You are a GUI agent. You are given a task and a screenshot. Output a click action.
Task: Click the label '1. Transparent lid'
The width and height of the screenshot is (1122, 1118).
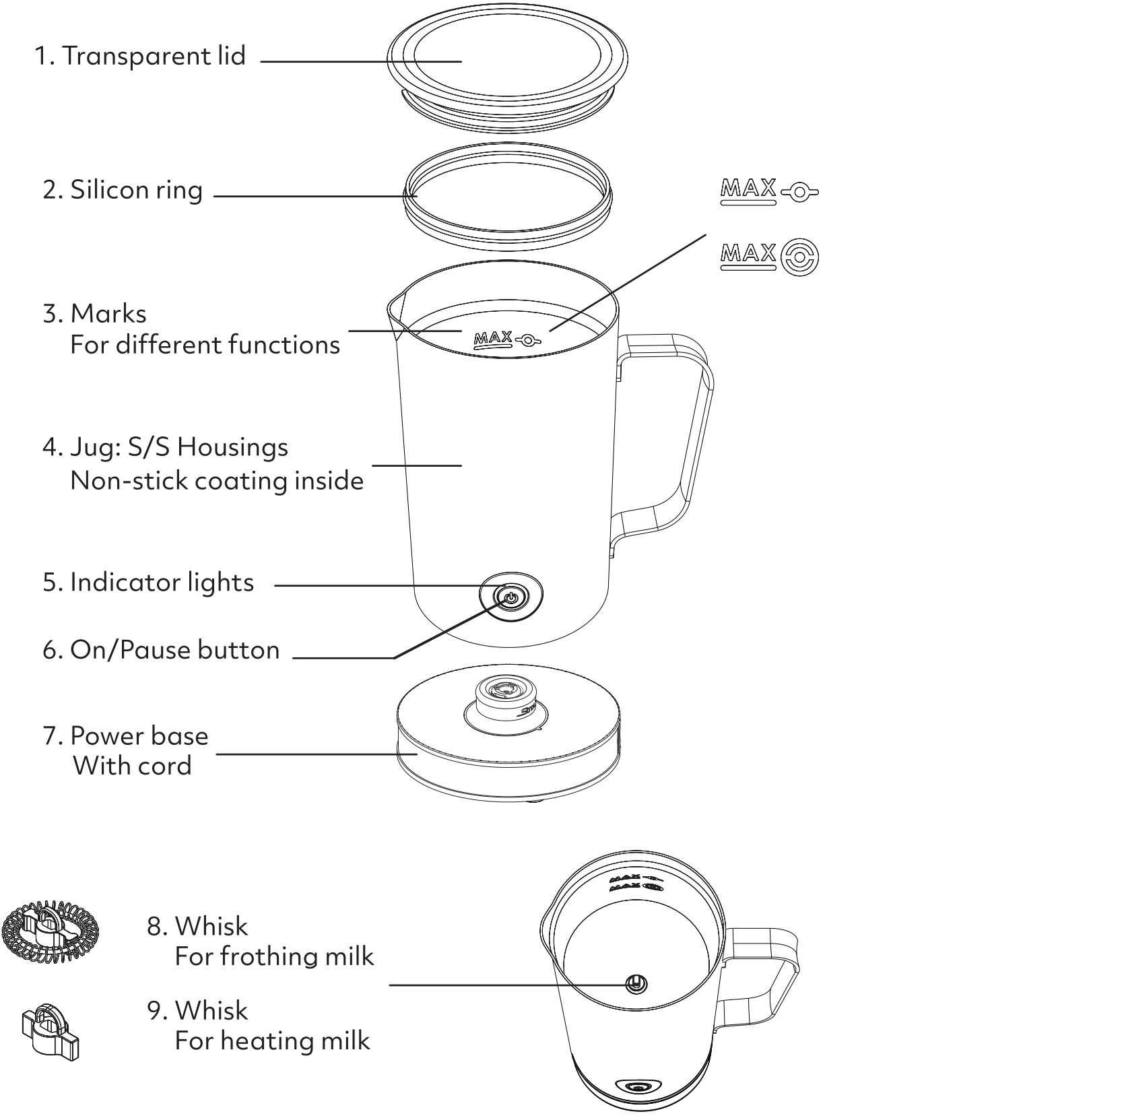[x=140, y=56]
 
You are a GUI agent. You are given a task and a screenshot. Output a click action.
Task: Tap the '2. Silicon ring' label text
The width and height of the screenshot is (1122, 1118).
[x=123, y=191]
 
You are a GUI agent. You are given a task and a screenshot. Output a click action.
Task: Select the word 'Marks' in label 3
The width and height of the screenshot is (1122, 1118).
[x=108, y=314]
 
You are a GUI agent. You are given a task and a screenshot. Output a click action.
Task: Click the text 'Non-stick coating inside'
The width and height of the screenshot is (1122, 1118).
[x=217, y=481]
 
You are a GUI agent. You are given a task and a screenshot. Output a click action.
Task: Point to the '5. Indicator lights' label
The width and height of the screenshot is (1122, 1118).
[x=148, y=583]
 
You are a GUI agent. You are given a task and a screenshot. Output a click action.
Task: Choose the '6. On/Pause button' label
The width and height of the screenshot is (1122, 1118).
[x=161, y=651]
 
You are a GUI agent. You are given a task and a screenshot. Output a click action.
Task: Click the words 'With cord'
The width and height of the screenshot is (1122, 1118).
[x=133, y=766]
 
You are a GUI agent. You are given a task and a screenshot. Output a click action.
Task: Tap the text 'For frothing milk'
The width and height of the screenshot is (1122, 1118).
[x=274, y=956]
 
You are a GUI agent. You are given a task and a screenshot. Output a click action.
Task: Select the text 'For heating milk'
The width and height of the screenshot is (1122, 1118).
[x=272, y=1041]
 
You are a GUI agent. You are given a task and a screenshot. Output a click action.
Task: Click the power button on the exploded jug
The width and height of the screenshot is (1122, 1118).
[x=510, y=597]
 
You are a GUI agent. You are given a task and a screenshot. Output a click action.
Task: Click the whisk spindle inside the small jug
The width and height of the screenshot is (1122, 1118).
[x=635, y=984]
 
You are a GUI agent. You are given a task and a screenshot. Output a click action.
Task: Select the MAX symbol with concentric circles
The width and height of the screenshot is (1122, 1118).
[x=770, y=257]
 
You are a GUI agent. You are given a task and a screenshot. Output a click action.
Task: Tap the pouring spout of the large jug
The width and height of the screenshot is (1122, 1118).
[x=394, y=313]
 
